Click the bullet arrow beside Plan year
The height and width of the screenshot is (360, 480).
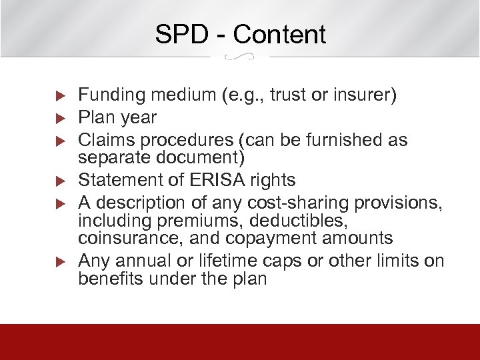[x=58, y=119]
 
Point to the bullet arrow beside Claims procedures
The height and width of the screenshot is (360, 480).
[x=58, y=141]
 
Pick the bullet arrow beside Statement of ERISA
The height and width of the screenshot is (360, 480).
[x=58, y=181]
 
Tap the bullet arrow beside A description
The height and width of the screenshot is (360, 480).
[x=58, y=202]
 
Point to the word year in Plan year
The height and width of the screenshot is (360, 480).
[x=139, y=118]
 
